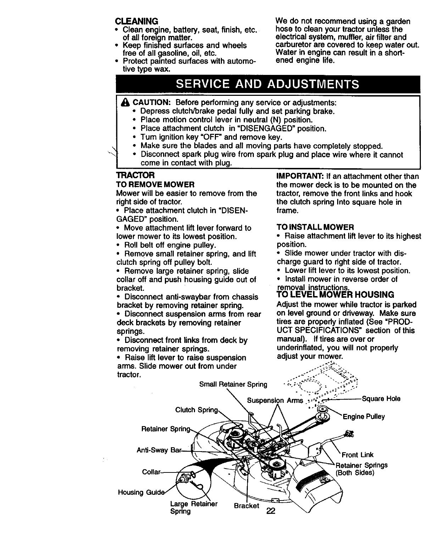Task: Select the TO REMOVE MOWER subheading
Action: [x=155, y=185]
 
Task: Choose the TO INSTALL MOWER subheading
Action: [x=315, y=227]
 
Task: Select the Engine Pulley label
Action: [x=363, y=417]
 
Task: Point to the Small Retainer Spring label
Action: [x=233, y=384]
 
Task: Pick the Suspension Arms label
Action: [x=275, y=401]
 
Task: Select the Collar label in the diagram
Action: [x=151, y=472]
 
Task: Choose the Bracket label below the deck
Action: [x=246, y=505]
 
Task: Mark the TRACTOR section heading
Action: [x=135, y=176]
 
